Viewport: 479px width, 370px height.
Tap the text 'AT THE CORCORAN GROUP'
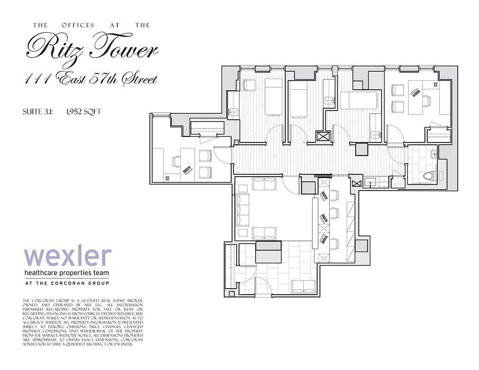tap(67, 283)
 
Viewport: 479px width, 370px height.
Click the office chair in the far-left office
tap(177, 161)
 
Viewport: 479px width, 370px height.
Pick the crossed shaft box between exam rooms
tap(322, 136)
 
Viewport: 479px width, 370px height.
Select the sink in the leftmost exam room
tap(234, 112)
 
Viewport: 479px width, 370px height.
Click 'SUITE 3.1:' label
tap(37, 111)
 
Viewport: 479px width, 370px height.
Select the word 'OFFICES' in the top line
tap(78, 25)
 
